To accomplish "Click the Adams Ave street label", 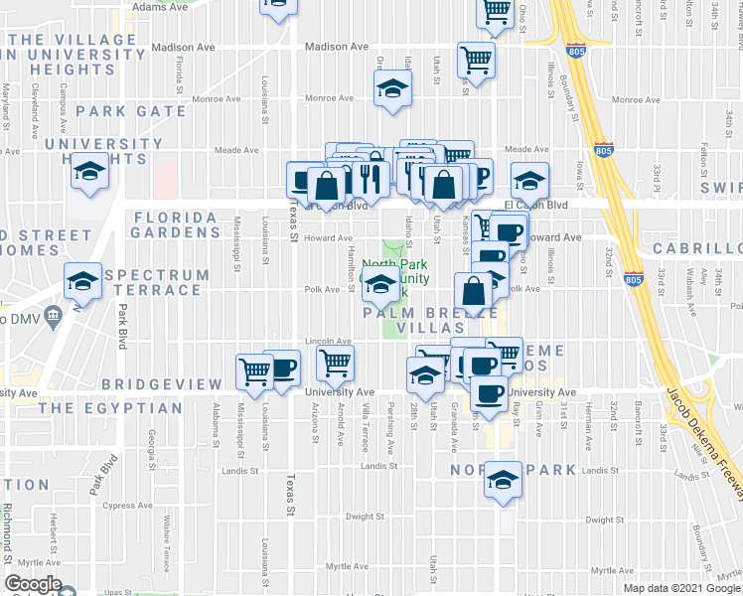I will [x=160, y=6].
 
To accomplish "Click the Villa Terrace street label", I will [x=366, y=425].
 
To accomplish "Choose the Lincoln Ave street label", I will [x=329, y=341].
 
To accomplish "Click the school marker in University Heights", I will [x=89, y=173].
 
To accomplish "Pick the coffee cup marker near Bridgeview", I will [x=283, y=368].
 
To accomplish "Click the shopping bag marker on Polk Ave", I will [x=474, y=292].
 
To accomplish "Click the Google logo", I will [x=33, y=584].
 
